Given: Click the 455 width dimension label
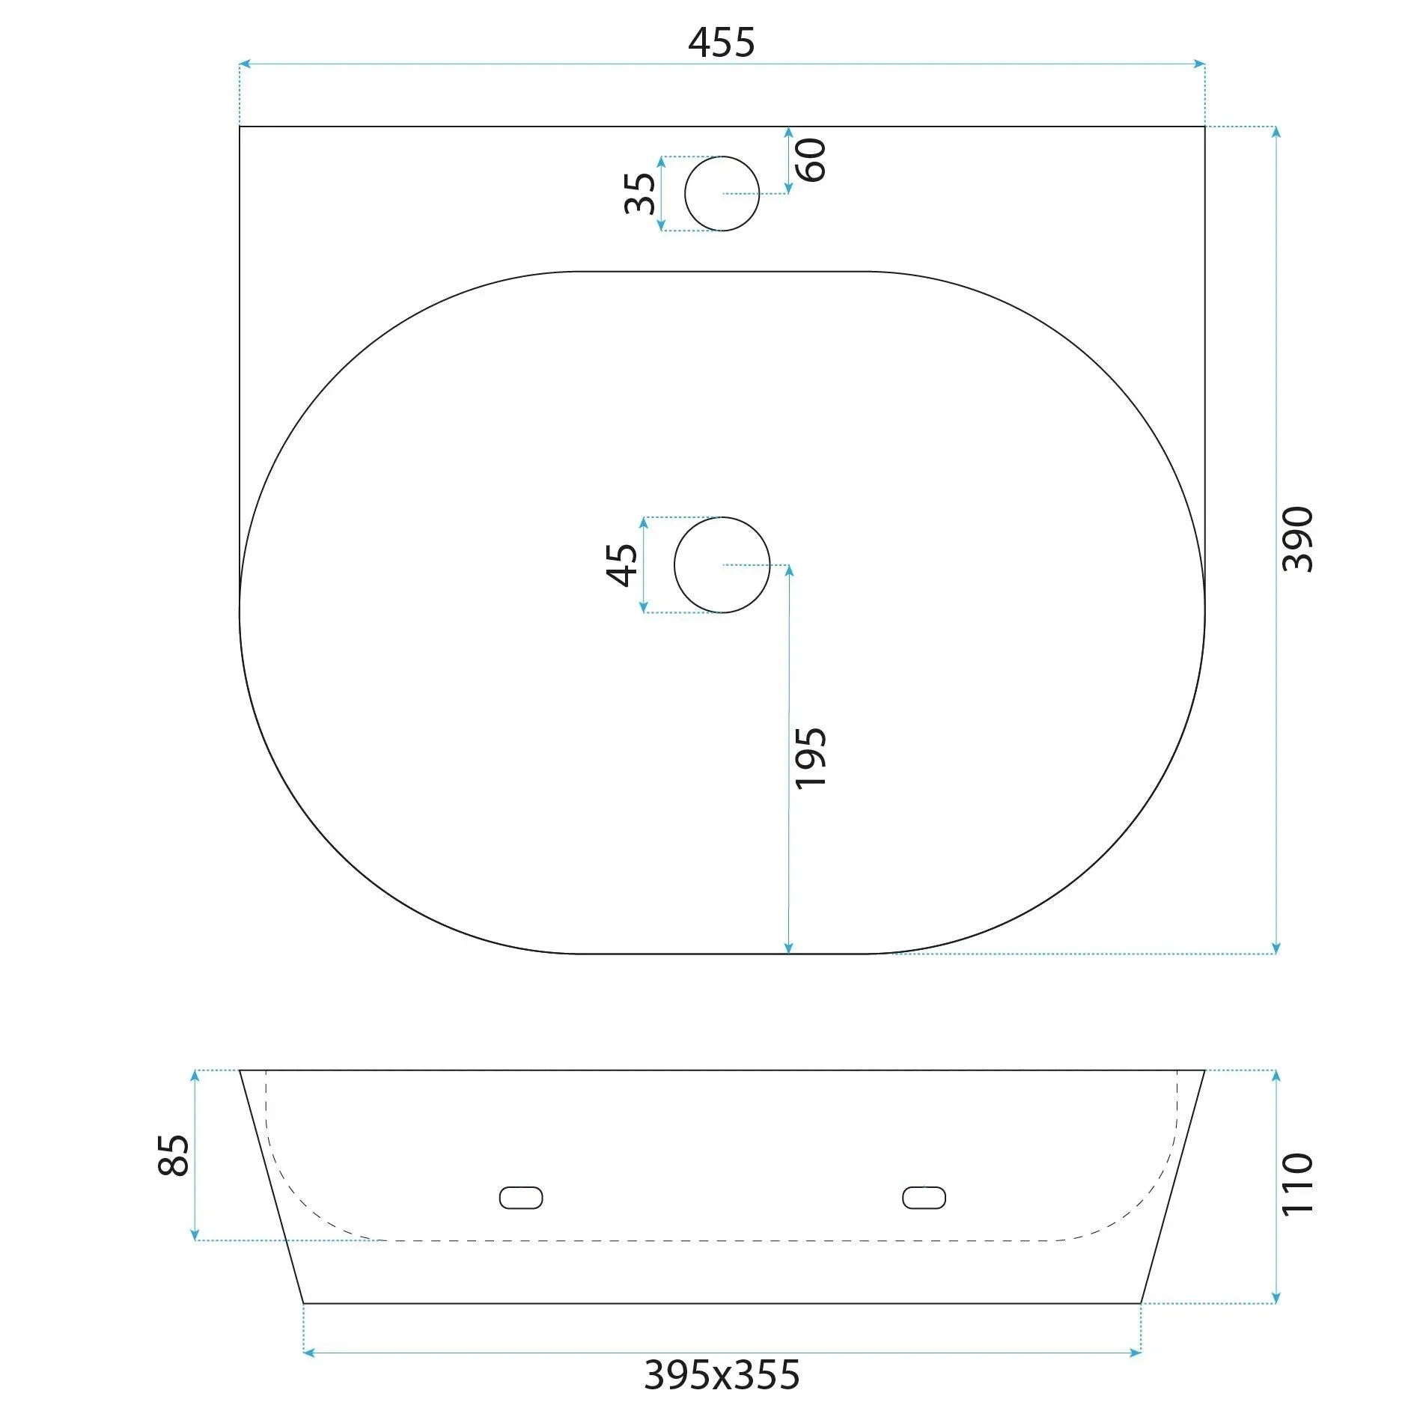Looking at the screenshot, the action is pos(721,43).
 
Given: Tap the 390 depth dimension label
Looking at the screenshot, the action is pos(1297,539).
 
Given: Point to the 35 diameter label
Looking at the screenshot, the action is pos(640,193).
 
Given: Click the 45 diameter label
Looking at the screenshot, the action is pos(622,564).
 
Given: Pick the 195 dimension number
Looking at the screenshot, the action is pos(810,758).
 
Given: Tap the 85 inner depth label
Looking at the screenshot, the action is pos(174,1156).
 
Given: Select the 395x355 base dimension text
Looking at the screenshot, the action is pos(722,1375).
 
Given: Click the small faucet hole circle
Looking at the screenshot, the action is pos(722,157).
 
